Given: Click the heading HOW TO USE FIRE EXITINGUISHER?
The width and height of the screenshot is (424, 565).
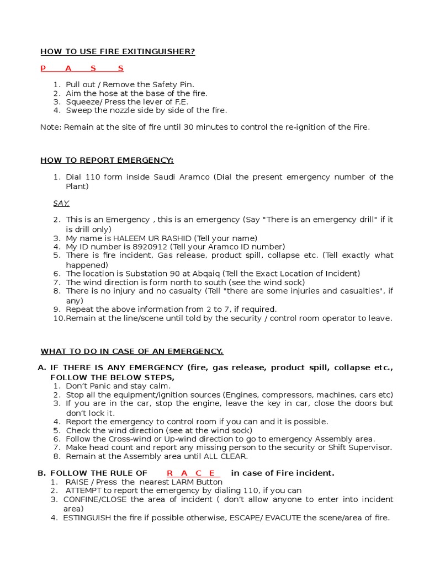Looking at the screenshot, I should click(x=118, y=52).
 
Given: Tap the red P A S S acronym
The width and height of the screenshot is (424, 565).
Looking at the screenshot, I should click(x=82, y=68).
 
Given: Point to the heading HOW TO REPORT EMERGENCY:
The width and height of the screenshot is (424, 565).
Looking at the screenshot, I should click(x=107, y=161).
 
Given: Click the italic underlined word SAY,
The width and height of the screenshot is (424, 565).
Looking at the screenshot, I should click(x=61, y=203).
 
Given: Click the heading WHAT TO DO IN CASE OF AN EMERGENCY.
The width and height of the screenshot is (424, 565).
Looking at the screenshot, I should click(x=132, y=351).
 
